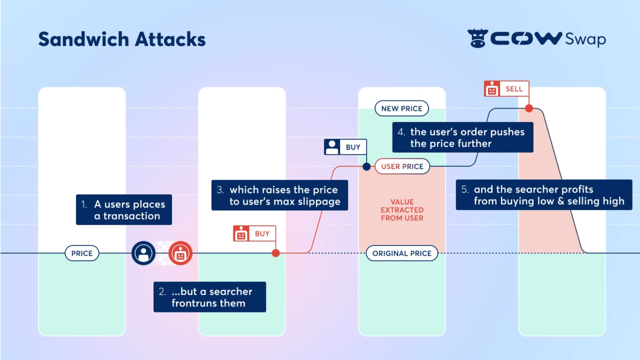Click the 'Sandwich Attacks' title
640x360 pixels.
coord(121,39)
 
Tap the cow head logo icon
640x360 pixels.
coord(477,38)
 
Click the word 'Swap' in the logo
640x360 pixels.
coord(585,39)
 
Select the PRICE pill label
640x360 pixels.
coord(82,253)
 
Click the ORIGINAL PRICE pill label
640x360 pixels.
coord(402,253)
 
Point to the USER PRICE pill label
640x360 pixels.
coord(402,166)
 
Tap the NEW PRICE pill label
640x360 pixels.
coord(401,108)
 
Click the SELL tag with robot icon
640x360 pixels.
coord(506,89)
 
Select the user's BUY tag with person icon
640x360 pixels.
coord(345,147)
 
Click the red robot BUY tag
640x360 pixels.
coord(254,233)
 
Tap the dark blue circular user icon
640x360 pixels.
coord(143,253)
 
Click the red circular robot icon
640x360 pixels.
coord(180,253)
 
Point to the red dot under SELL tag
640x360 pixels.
coord(528,108)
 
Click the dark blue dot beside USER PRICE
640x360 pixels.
coord(366,166)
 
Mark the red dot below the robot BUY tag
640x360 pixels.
coord(275,253)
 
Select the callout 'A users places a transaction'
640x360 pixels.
coord(124,210)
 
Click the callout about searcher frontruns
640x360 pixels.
coord(209,297)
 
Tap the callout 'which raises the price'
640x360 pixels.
coord(279,195)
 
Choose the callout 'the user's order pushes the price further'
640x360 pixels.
coord(462,137)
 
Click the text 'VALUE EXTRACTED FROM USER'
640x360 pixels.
coord(402,210)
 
